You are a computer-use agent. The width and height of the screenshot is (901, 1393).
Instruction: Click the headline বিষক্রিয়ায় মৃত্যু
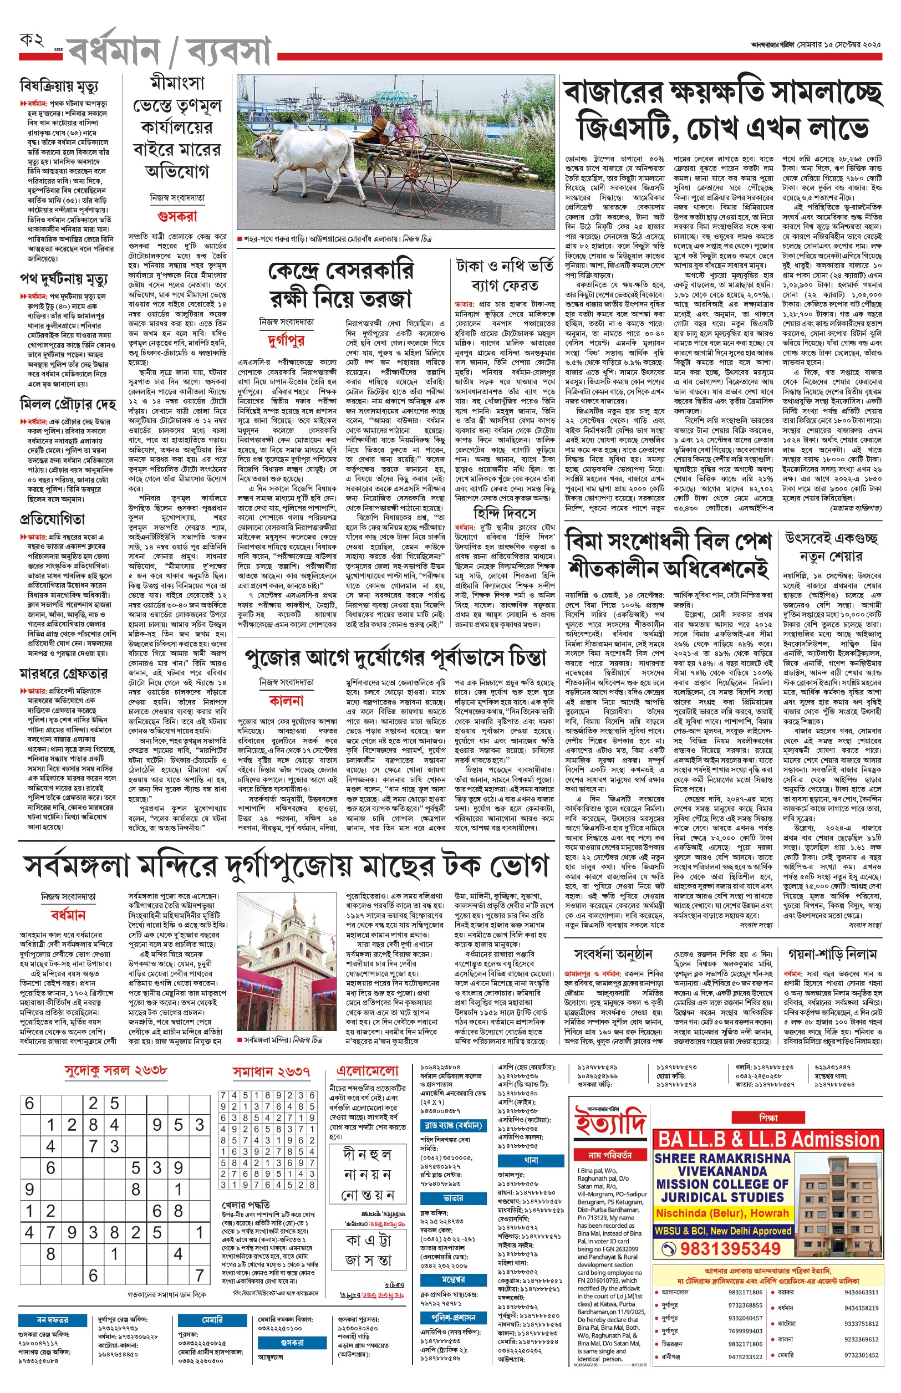[x=59, y=87]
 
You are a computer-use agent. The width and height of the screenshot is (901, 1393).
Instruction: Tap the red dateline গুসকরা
[x=177, y=216]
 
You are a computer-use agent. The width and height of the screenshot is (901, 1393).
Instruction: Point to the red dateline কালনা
[x=286, y=700]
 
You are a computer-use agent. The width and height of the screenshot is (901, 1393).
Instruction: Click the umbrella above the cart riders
[x=391, y=97]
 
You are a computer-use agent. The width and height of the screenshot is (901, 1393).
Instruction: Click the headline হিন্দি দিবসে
[x=505, y=513]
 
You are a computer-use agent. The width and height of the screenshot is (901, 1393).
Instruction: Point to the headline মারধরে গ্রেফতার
[x=64, y=673]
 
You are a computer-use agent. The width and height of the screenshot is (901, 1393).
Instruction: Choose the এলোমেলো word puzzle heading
[x=368, y=1071]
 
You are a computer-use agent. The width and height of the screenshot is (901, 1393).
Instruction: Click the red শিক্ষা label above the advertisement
[x=768, y=1118]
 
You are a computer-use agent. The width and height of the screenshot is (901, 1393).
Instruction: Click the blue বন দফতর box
[x=53, y=1320]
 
